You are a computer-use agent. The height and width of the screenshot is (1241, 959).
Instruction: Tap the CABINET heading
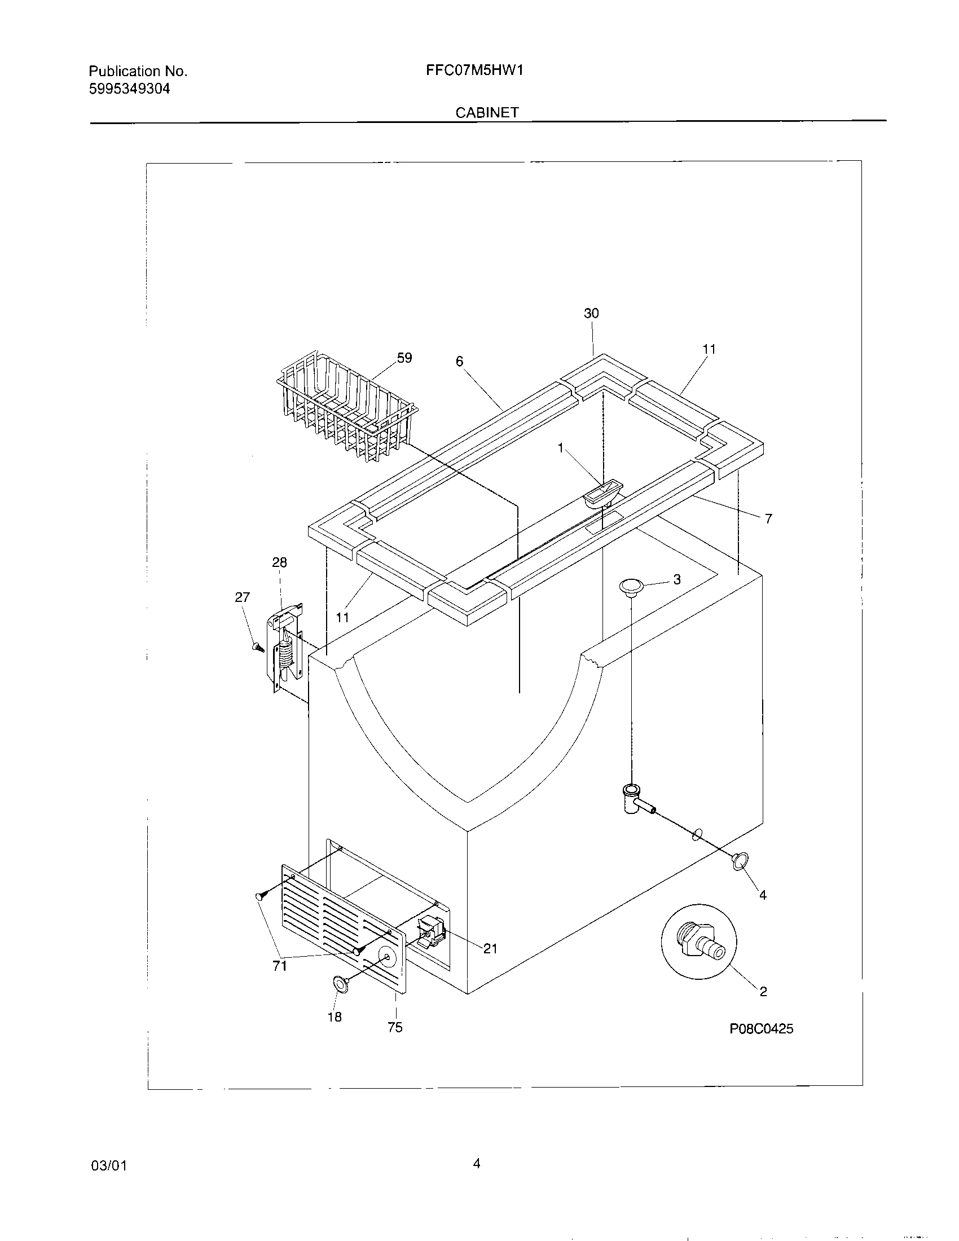pos(487,112)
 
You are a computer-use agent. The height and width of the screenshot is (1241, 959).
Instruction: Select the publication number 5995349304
pos(130,89)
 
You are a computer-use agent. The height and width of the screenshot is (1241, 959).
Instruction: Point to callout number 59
pos(404,358)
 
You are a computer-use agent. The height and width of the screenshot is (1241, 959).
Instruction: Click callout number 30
pos(591,313)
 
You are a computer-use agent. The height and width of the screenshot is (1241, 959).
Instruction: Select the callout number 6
pos(460,362)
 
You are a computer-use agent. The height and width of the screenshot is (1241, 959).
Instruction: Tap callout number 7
pos(768,519)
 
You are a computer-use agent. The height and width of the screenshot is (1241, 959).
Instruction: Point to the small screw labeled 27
pos(257,646)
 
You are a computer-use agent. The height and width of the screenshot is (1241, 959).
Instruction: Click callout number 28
pos(279,562)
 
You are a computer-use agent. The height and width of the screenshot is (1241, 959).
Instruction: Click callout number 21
pos(490,948)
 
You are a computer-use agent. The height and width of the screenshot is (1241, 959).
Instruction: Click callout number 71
pos(279,965)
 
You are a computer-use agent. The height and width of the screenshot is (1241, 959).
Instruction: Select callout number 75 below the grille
pos(395,1027)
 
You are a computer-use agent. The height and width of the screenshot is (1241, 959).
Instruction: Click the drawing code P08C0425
pos(762,1028)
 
